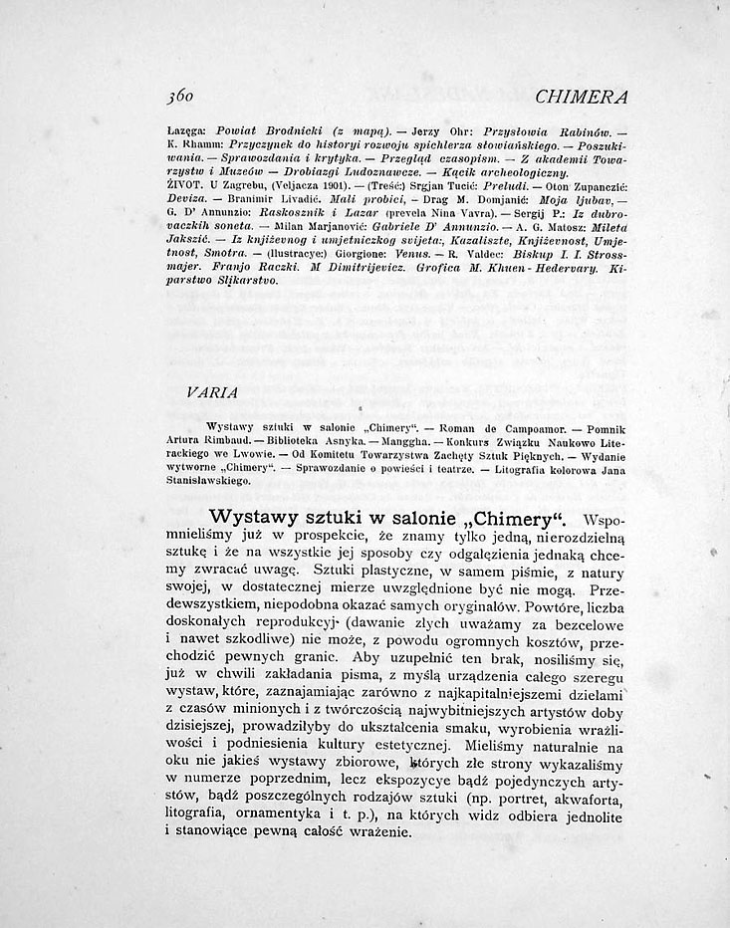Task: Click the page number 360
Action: [x=183, y=98]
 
